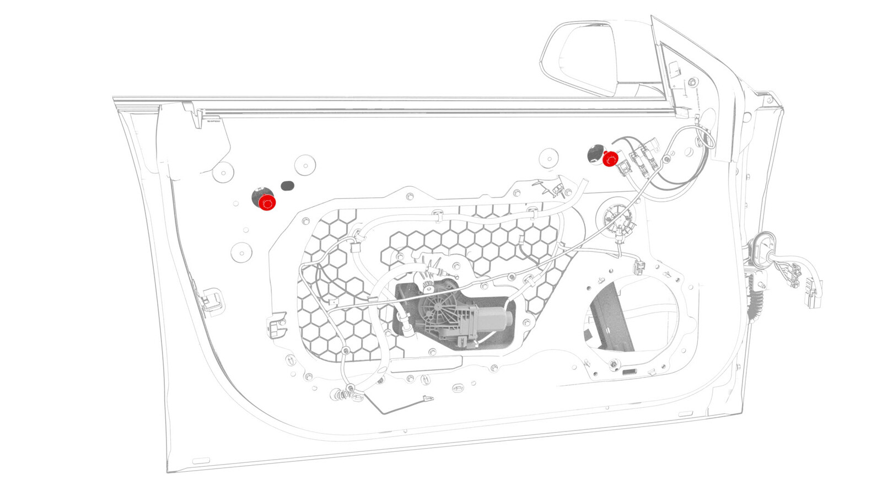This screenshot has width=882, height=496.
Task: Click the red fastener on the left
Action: pos(267,203)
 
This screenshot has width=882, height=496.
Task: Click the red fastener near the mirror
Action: pos(610,160)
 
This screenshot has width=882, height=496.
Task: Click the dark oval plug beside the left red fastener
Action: pos(287,186)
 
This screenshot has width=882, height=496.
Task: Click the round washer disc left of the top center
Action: pos(305,164)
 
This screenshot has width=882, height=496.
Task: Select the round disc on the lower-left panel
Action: pos(241,252)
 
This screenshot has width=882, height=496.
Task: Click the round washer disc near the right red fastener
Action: pos(548,158)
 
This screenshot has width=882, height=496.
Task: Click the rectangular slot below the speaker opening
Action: pos(628,372)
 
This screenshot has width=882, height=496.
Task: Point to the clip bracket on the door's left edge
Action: pos(212,300)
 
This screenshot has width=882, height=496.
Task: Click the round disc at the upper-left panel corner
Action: pos(223,173)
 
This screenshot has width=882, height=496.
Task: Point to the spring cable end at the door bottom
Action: pos(344,395)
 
